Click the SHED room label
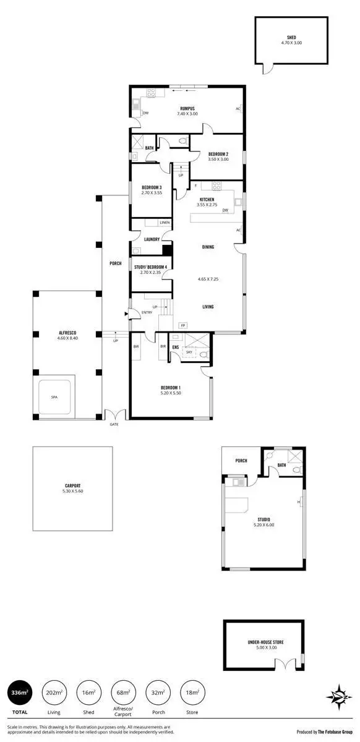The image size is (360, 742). tap(291, 37)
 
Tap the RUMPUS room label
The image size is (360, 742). tap(187, 108)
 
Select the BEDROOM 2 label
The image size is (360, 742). tap(218, 153)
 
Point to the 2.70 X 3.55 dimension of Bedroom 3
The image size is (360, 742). tap(152, 193)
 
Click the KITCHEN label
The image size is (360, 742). tap(207, 199)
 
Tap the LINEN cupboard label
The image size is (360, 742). tap(165, 223)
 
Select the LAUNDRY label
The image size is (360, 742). tap(152, 239)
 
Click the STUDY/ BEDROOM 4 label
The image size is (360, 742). tap(150, 267)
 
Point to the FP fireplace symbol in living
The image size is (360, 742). tap(182, 325)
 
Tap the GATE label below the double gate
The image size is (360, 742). tap(114, 424)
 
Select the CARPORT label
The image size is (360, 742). tap(72, 485)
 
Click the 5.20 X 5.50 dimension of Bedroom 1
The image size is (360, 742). tap(170, 394)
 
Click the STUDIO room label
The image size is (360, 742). tap(264, 519)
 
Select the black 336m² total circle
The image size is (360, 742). tap(20, 693)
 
